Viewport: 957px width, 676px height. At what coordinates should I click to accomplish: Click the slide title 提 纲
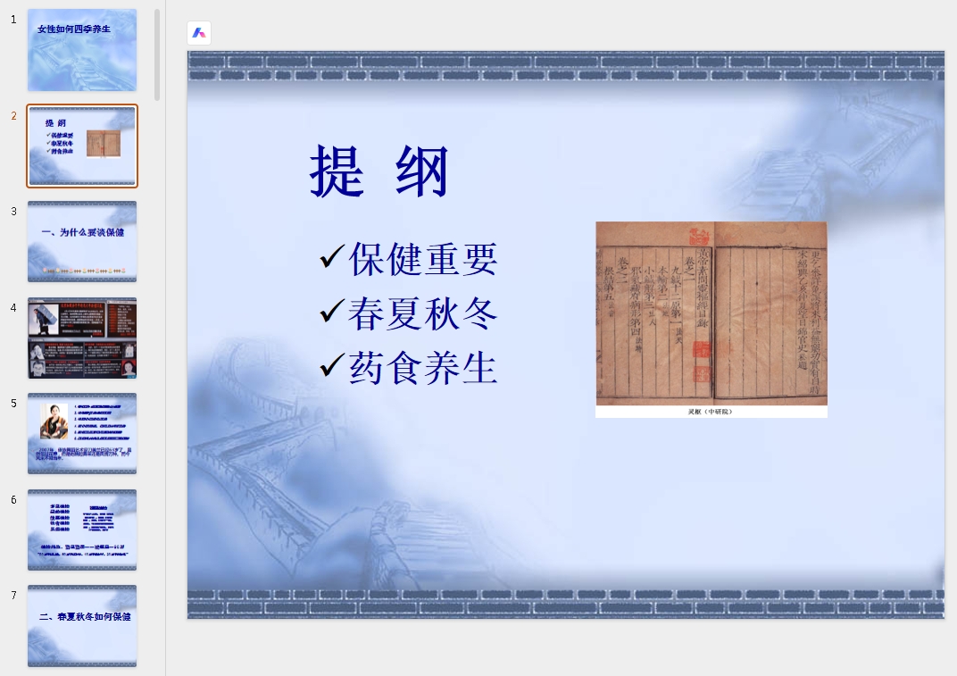pyautogui.click(x=379, y=171)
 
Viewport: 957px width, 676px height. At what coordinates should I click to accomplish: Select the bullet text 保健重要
pyautogui.click(x=422, y=259)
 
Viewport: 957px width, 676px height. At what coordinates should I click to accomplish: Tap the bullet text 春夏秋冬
pyautogui.click(x=422, y=313)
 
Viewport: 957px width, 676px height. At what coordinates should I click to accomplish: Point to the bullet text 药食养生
pyautogui.click(x=422, y=368)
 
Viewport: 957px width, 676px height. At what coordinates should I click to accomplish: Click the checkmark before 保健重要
pyautogui.click(x=331, y=258)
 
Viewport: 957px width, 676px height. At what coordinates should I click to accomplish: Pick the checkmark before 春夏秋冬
pyautogui.click(x=331, y=313)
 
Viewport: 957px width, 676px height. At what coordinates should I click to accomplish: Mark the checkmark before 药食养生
pyautogui.click(x=331, y=366)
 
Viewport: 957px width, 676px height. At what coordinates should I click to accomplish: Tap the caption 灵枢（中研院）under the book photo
pyautogui.click(x=711, y=412)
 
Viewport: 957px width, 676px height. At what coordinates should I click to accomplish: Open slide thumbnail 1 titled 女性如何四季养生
pyautogui.click(x=82, y=50)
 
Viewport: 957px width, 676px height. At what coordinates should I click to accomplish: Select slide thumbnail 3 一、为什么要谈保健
pyautogui.click(x=82, y=241)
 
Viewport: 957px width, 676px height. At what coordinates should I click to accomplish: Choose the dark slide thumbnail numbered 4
pyautogui.click(x=82, y=338)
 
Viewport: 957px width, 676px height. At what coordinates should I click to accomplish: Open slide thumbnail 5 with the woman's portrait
pyautogui.click(x=82, y=433)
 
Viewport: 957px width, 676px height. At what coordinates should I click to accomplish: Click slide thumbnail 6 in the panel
pyautogui.click(x=82, y=530)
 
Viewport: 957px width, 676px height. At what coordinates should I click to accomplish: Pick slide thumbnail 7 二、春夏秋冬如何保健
pyautogui.click(x=82, y=625)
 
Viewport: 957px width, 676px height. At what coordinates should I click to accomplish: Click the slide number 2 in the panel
pyautogui.click(x=14, y=116)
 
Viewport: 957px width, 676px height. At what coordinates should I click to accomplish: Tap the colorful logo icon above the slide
pyautogui.click(x=199, y=33)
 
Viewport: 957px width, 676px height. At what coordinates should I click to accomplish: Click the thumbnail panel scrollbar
pyautogui.click(x=158, y=54)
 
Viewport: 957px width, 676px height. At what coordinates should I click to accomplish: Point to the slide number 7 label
pyautogui.click(x=14, y=596)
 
